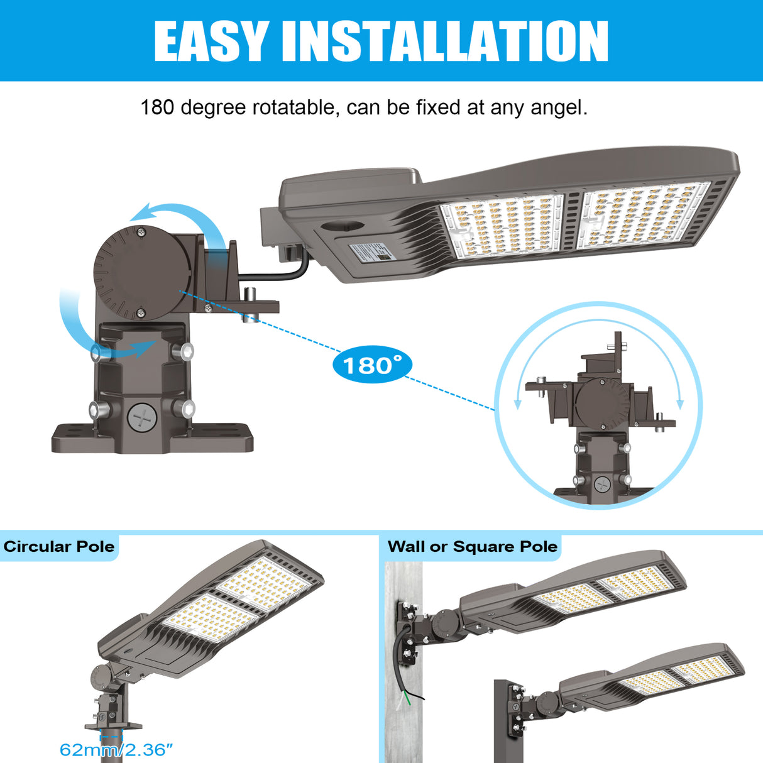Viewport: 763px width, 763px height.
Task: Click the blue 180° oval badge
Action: click(372, 365)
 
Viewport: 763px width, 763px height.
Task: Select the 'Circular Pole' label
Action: click(59, 547)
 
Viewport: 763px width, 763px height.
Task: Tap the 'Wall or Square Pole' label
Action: click(473, 547)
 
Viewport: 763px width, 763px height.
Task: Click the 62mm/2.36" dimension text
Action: click(116, 750)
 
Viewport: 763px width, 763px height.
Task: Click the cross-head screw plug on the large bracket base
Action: click(142, 417)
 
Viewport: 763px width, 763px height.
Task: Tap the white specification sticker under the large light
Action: click(372, 252)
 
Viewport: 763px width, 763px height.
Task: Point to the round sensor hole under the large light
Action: click(342, 226)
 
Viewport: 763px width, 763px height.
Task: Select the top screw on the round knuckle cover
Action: click(141, 233)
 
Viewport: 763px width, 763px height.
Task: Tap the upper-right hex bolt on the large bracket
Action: click(182, 351)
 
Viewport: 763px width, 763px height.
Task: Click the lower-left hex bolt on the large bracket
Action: click(99, 410)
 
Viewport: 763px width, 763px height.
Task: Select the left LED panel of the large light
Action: click(502, 228)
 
